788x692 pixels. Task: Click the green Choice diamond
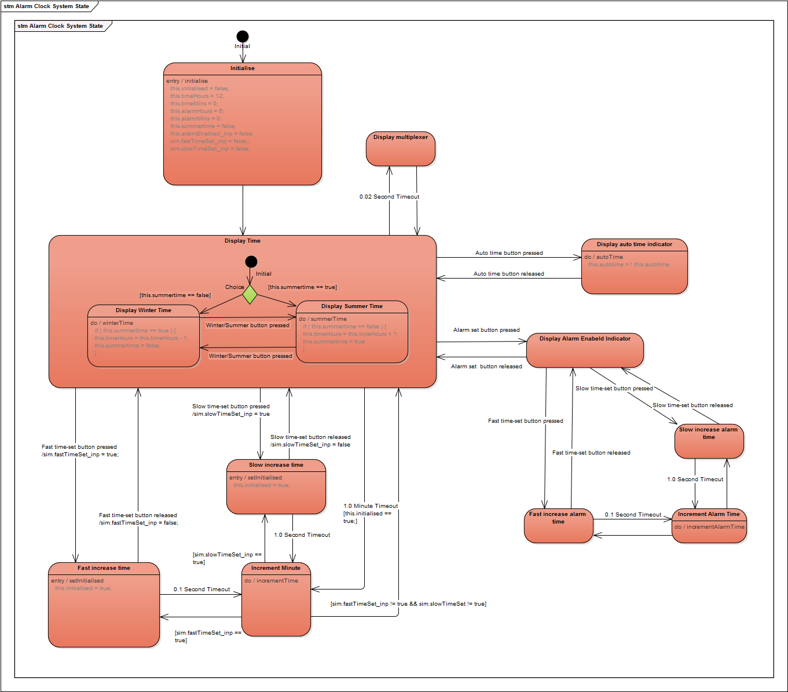[250, 294]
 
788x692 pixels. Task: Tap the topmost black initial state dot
[243, 36]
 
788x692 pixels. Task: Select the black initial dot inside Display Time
[251, 262]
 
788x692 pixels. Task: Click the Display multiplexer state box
[401, 149]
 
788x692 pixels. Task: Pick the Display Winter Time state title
[144, 310]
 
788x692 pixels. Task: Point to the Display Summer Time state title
[352, 306]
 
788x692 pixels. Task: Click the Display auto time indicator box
[635, 266]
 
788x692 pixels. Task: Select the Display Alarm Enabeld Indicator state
[585, 350]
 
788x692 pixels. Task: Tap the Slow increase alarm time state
[709, 441]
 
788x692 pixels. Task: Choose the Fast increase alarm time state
[558, 526]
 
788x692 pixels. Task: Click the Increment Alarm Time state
[709, 526]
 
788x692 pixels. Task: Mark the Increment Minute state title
[276, 568]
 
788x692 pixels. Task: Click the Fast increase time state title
[104, 568]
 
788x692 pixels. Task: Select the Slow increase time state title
[276, 465]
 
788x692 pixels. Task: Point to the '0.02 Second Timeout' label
[389, 197]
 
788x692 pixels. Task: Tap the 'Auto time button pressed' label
[509, 253]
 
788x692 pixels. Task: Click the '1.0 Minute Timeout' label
[371, 506]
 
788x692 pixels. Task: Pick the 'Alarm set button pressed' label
[486, 330]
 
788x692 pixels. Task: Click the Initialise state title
[243, 68]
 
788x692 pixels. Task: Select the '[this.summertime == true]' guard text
[302, 287]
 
